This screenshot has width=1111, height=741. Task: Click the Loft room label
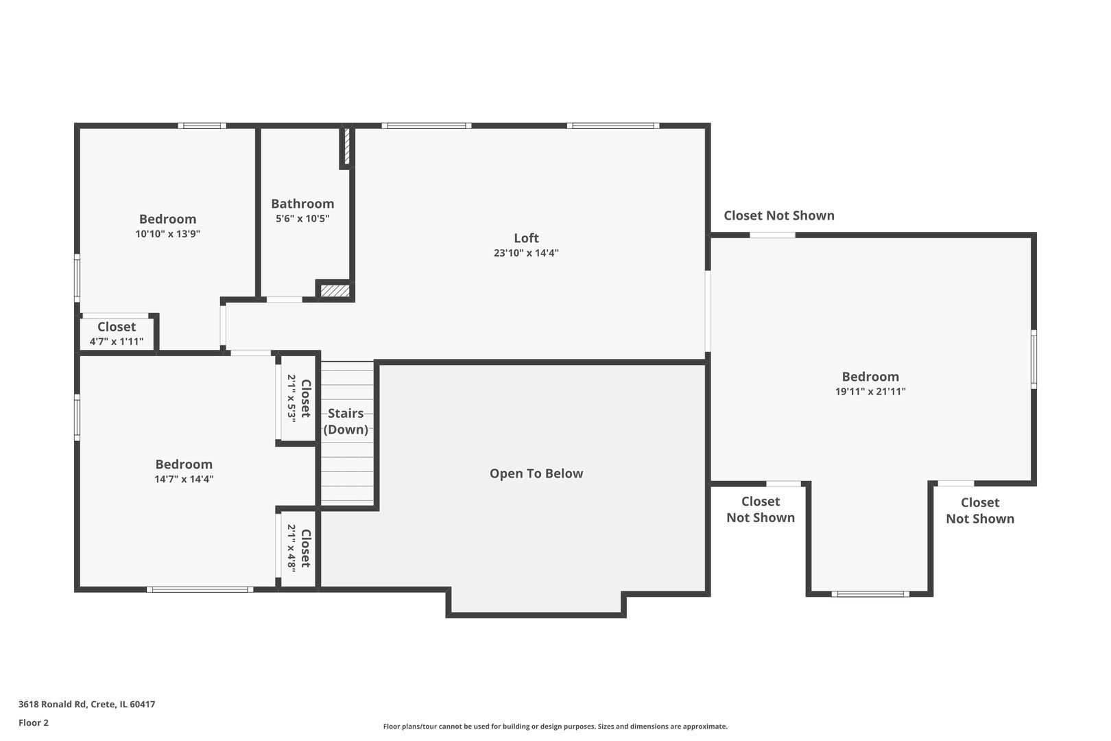pyautogui.click(x=526, y=238)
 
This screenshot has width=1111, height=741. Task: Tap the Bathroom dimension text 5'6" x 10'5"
pyautogui.click(x=302, y=219)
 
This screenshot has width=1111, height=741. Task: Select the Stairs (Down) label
pyautogui.click(x=346, y=421)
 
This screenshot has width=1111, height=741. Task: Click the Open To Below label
pyautogui.click(x=536, y=473)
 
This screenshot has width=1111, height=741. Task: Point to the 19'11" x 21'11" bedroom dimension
pyautogui.click(x=870, y=392)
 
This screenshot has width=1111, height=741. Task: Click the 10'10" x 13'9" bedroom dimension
pyautogui.click(x=167, y=234)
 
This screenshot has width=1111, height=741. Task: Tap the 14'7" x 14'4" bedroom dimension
pyautogui.click(x=184, y=480)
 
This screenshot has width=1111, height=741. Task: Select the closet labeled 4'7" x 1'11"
pyautogui.click(x=117, y=333)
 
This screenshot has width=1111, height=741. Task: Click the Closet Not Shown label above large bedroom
pyautogui.click(x=779, y=215)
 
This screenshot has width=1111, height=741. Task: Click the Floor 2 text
pyautogui.click(x=34, y=722)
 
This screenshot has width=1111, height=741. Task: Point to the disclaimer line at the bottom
pyautogui.click(x=555, y=726)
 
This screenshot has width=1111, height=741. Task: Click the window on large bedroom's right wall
pyautogui.click(x=1034, y=359)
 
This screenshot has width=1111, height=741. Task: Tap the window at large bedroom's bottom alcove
pyautogui.click(x=870, y=593)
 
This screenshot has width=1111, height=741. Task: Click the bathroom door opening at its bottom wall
pyautogui.click(x=284, y=299)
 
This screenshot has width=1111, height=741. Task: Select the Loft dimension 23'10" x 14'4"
pyautogui.click(x=526, y=253)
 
